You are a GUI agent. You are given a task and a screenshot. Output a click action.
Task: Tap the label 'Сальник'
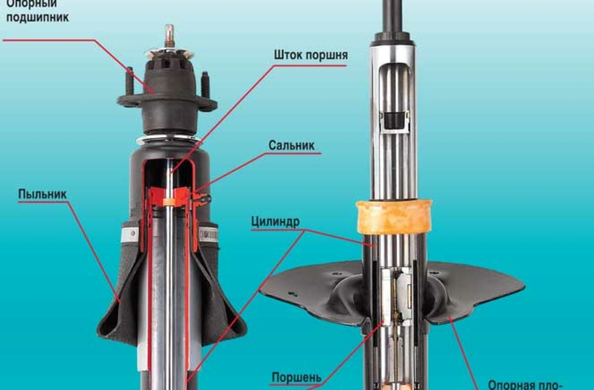point(291,146)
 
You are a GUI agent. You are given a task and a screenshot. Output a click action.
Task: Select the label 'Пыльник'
point(42,194)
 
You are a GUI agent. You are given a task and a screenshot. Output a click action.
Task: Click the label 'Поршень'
point(296,377)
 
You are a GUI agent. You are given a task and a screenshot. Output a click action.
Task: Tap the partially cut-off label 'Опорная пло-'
point(524,384)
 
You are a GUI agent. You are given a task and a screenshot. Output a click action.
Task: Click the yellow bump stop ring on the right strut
point(393,217)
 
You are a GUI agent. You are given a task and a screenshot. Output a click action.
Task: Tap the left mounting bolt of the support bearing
point(128,81)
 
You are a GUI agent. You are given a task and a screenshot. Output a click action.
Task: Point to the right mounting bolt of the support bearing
point(204,82)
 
